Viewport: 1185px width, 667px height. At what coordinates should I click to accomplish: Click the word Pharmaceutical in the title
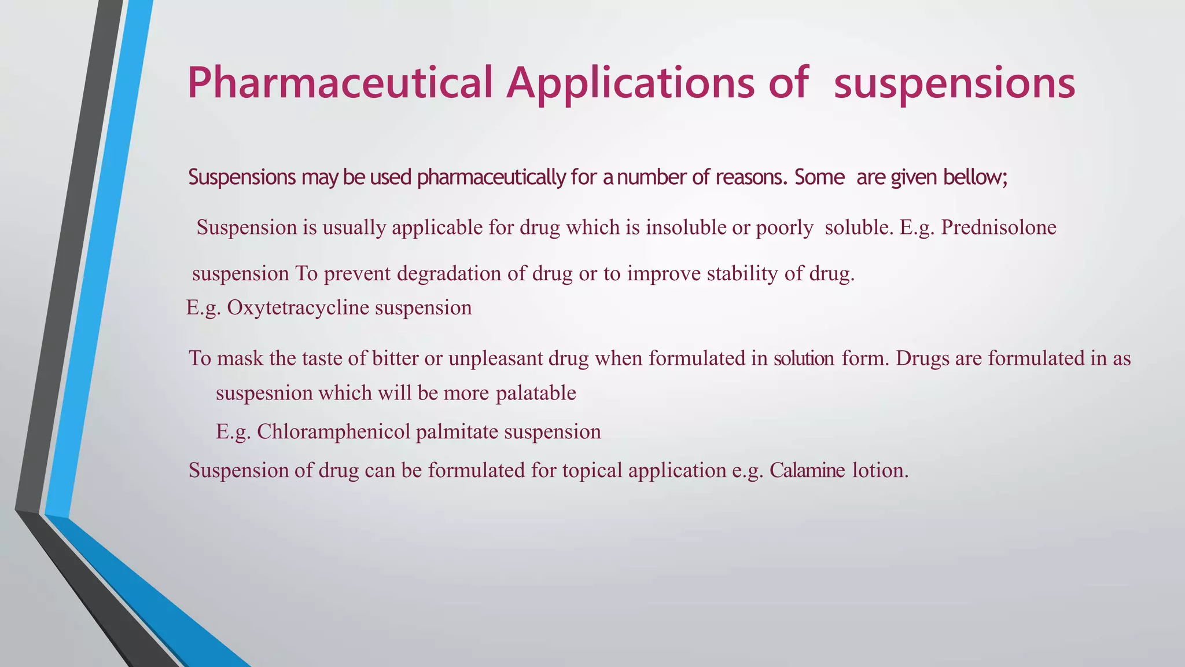(x=340, y=83)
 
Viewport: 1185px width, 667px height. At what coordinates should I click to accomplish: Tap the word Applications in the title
(x=630, y=83)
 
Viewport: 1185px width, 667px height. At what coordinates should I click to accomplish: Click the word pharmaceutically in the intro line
(x=491, y=177)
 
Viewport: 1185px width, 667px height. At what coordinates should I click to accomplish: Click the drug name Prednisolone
(x=999, y=227)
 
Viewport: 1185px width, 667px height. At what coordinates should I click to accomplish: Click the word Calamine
(x=807, y=470)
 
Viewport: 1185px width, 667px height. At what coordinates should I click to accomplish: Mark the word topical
(x=592, y=470)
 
